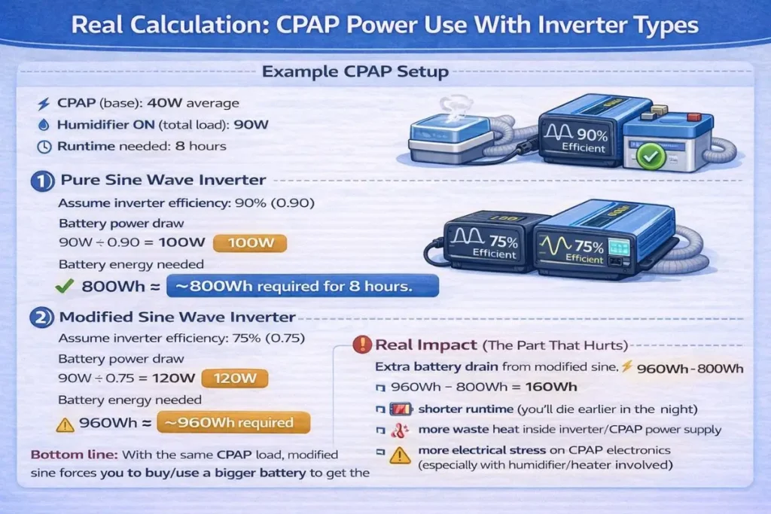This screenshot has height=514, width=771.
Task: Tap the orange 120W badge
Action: point(241,379)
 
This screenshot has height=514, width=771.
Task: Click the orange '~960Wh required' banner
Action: point(233,422)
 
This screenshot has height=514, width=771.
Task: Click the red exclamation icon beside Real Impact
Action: point(362,345)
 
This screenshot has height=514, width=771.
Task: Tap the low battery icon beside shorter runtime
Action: point(397,409)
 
